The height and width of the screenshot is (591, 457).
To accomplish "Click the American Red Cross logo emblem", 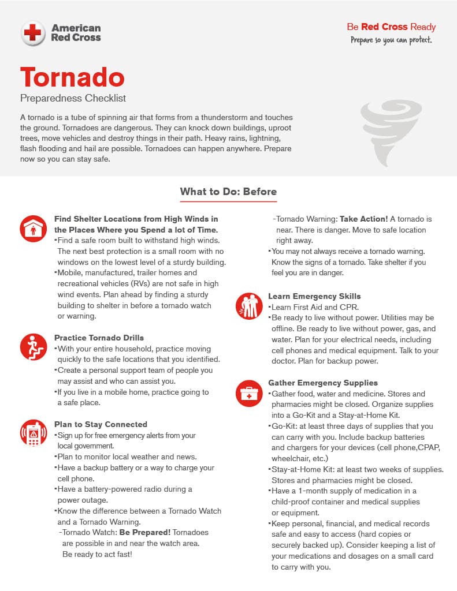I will pyautogui.click(x=33, y=33).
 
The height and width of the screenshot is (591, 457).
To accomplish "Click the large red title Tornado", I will pyautogui.click(x=72, y=77).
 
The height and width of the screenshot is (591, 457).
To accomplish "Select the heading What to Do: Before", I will pyautogui.click(x=228, y=192).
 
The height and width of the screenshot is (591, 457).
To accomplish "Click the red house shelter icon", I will pyautogui.click(x=33, y=228).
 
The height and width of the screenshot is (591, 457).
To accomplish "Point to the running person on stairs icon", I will pyautogui.click(x=33, y=346).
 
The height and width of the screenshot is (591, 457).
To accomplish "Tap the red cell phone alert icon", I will pyautogui.click(x=33, y=433).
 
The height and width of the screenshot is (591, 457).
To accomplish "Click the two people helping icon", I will pyautogui.click(x=249, y=306).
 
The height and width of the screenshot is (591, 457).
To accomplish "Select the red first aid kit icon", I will pyautogui.click(x=249, y=392).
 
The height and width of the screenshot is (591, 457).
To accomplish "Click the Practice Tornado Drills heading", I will pyautogui.click(x=99, y=338).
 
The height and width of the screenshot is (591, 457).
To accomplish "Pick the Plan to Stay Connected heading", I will pyautogui.click(x=101, y=424).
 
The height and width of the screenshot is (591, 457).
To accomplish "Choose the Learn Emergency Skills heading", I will pyautogui.click(x=314, y=296).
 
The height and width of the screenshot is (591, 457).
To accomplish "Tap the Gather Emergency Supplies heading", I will pyautogui.click(x=323, y=383).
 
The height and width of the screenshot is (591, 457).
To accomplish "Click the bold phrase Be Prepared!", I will pyautogui.click(x=144, y=532).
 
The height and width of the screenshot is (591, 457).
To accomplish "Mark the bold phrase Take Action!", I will pyautogui.click(x=364, y=219).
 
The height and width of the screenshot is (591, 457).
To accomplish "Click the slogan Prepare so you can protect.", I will pyautogui.click(x=391, y=40).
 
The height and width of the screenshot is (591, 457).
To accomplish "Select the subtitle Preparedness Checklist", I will pyautogui.click(x=73, y=98).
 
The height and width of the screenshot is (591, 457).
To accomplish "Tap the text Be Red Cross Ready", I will pyautogui.click(x=391, y=27).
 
